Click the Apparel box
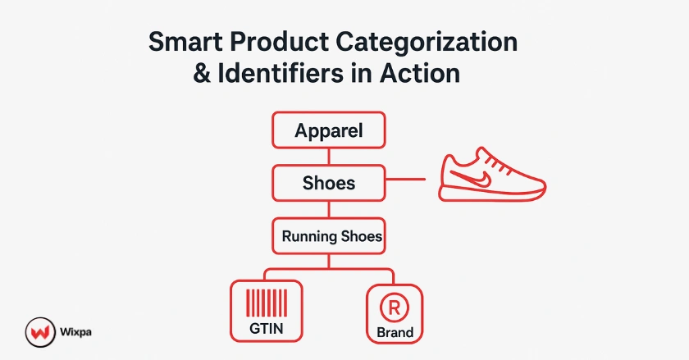pos(328,130)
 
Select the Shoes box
pos(328,183)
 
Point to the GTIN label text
pos(266,329)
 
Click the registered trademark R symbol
pos(394,308)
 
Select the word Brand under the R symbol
pos(395,333)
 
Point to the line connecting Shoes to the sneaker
pos(405,179)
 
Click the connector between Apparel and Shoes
pos(328,157)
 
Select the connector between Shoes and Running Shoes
pos(328,209)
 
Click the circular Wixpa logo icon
pos(37,334)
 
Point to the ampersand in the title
pos(202,73)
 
